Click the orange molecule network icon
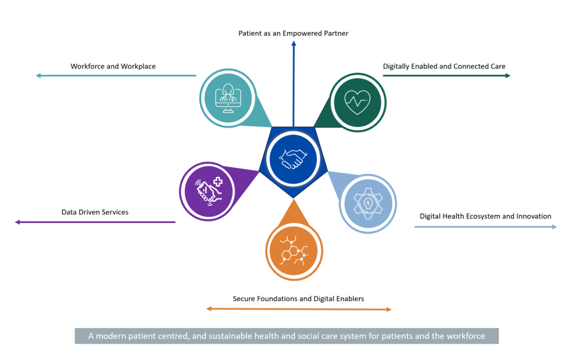[x=294, y=253]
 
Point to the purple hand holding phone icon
[x=208, y=191]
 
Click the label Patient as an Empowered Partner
[x=293, y=34]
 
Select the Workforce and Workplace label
[x=113, y=66]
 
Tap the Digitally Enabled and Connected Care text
[x=444, y=66]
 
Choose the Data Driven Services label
[x=95, y=212]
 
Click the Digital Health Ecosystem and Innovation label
[x=485, y=216]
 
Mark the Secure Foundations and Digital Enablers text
[x=298, y=299]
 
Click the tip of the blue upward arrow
[x=294, y=43]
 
